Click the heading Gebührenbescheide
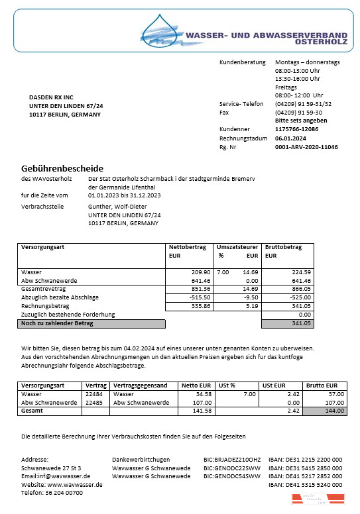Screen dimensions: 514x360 tap(62, 168)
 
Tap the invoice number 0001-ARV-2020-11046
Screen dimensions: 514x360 tap(306, 147)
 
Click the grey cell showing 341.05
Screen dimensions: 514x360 tap(288, 323)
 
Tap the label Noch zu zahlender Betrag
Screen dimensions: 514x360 tap(58, 323)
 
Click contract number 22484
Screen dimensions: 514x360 tap(95, 393)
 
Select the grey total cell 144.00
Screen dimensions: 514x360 tap(325, 411)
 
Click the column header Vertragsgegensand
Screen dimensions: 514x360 tap(141, 385)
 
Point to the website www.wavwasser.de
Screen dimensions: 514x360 tap(75, 484)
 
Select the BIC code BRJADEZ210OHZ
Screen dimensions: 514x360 tap(232, 458)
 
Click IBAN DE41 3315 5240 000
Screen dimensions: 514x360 tap(305, 484)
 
